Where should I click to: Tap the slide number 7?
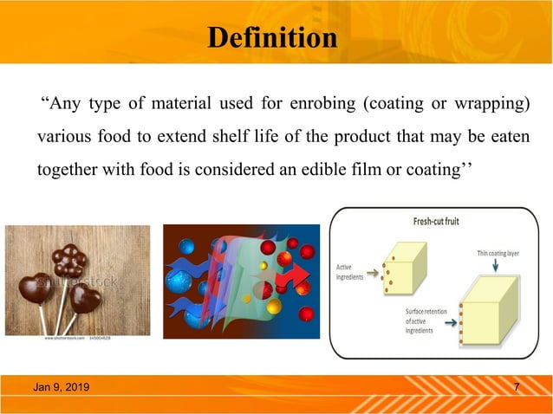point(517,387)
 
